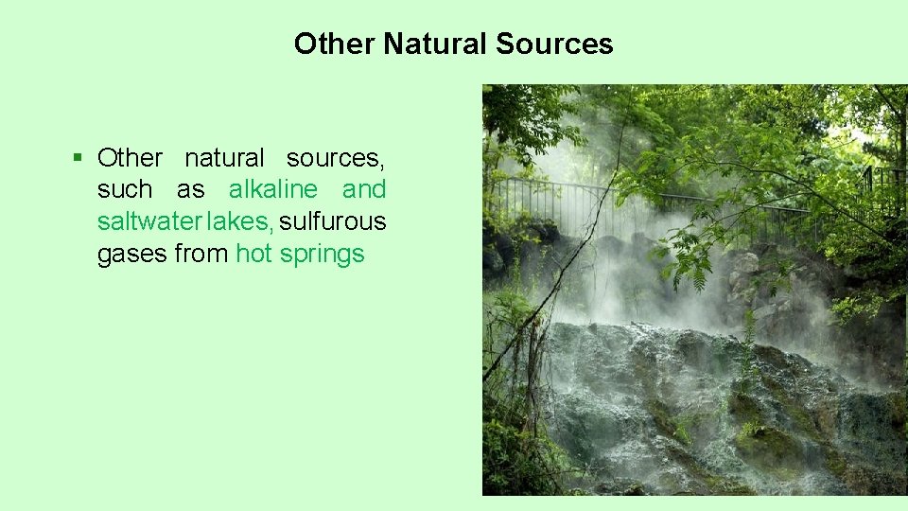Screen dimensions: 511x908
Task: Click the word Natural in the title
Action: pos(435,44)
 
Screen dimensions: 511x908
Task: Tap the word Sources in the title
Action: pos(554,44)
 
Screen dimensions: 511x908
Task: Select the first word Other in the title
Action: pos(335,44)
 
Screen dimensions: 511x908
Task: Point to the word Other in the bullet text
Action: pos(130,157)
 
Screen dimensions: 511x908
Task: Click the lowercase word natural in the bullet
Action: pos(224,157)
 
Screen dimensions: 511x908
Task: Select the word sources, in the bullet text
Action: pos(336,157)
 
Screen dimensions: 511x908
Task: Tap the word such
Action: pos(125,189)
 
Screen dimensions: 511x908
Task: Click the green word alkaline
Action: pos(273,189)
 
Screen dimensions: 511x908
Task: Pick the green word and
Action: pos(364,189)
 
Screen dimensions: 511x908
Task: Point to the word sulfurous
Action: pos(333,221)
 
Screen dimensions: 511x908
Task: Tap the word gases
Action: pos(132,254)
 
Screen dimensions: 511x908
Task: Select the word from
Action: pos(201,254)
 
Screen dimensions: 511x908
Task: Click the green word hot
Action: pos(254,254)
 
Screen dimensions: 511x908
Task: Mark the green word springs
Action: pos(322,254)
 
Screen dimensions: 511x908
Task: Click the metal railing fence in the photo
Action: pos(567,203)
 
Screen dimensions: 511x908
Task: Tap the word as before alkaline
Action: pos(190,189)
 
